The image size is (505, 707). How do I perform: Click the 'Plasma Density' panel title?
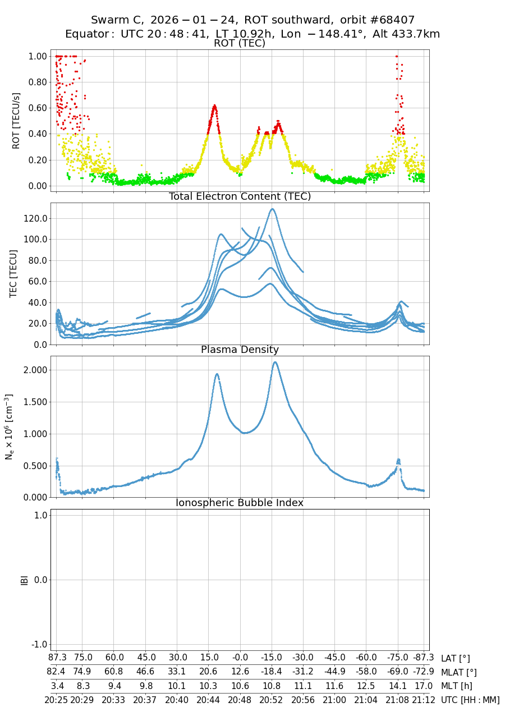coord(240,350)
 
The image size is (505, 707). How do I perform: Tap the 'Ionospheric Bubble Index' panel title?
coord(240,503)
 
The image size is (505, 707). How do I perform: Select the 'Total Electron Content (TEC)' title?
coord(240,196)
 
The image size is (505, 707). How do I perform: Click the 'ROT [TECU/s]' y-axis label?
coord(16,121)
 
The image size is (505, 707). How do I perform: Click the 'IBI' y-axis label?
coord(25,580)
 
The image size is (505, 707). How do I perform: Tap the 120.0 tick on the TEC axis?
coord(37,218)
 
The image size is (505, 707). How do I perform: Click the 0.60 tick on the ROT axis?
coord(38,108)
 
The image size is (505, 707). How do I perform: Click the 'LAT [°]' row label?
coord(455,658)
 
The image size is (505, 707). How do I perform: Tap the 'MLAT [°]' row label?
coord(458,672)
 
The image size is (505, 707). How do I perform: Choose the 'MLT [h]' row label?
coord(457,686)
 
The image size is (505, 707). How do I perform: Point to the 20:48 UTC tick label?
coord(240,700)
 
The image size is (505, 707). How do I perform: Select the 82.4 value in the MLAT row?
coord(57,672)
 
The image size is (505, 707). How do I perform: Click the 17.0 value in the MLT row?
coord(424,686)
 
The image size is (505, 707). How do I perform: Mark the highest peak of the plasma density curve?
coord(275,362)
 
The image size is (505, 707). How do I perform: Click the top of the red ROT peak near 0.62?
coord(214,105)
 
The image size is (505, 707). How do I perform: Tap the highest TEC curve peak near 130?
coord(272,209)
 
